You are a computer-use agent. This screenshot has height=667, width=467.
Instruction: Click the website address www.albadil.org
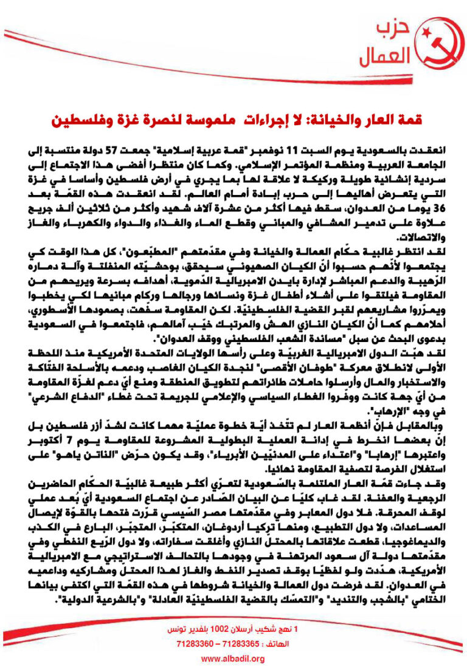233,658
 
